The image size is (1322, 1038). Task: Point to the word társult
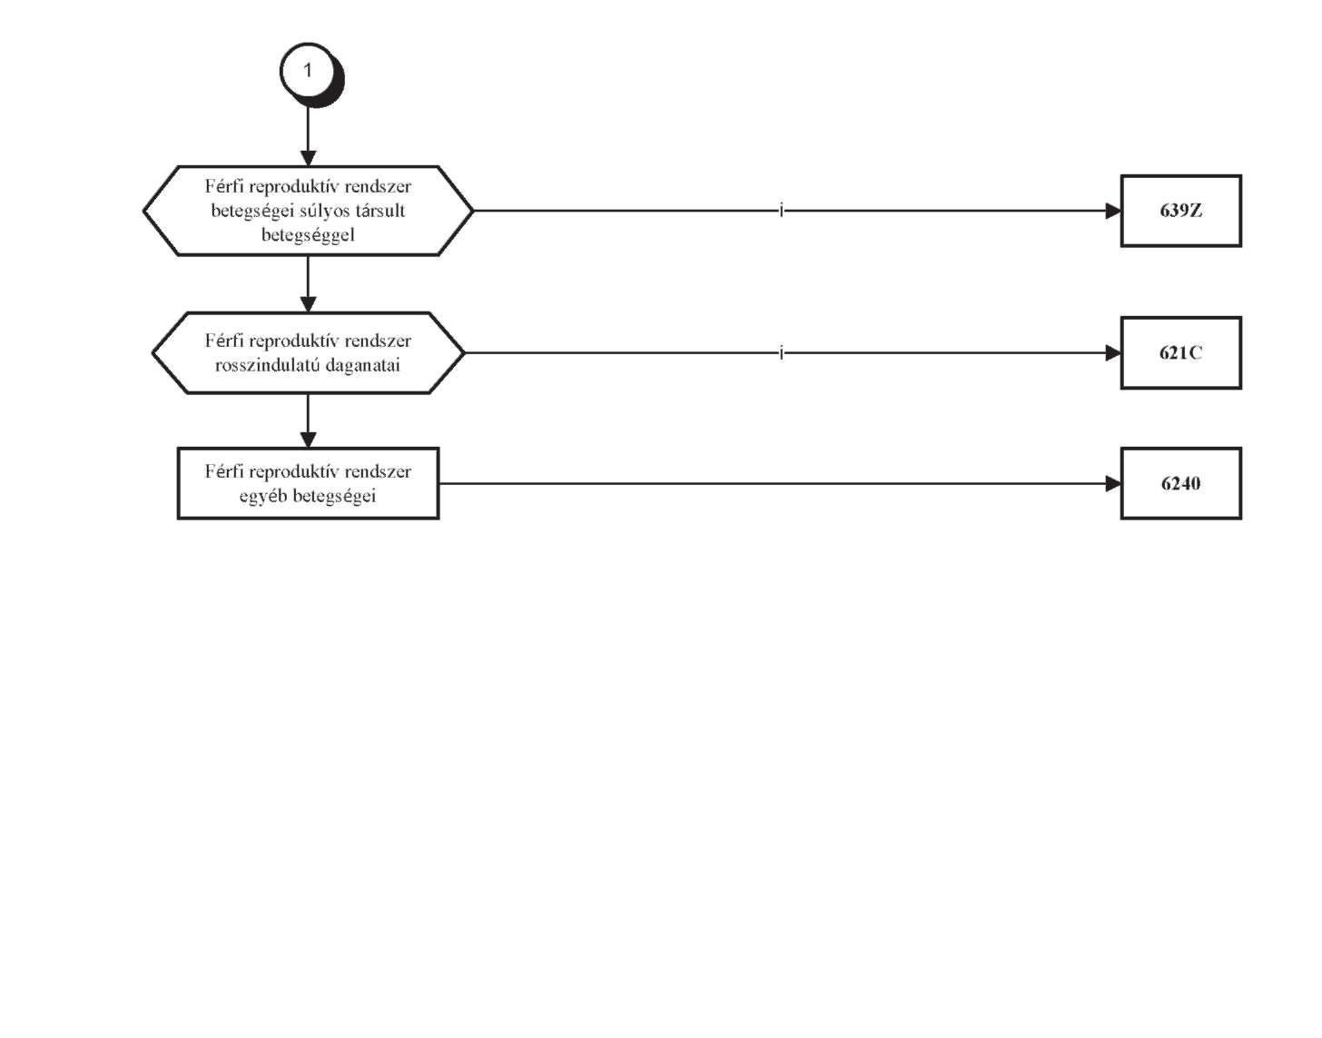click(x=384, y=211)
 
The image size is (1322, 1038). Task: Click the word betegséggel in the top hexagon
click(x=308, y=235)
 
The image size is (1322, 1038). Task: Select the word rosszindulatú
click(x=268, y=365)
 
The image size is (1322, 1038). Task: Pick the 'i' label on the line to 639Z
click(x=781, y=211)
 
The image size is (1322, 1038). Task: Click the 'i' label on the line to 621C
click(x=781, y=352)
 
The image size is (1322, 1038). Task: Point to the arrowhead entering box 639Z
click(x=1113, y=211)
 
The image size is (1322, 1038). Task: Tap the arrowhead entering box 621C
click(x=1113, y=353)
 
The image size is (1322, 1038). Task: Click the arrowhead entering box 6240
click(x=1113, y=484)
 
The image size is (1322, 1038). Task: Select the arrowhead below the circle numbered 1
click(x=309, y=158)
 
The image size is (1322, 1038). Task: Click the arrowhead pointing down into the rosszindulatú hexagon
click(x=309, y=305)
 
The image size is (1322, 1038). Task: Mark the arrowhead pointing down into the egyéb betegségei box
click(x=309, y=440)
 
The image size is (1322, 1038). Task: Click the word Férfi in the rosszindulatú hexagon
click(x=224, y=341)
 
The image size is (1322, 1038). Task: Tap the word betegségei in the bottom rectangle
click(x=334, y=497)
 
